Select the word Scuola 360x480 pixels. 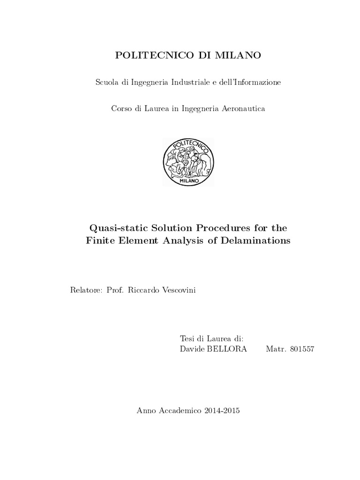pyautogui.click(x=107, y=82)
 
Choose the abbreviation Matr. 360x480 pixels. pyautogui.click(x=274, y=349)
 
